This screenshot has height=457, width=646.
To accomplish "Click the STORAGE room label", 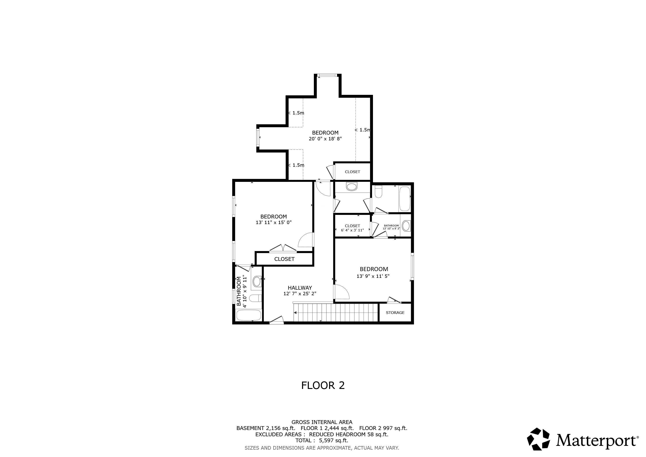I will pyautogui.click(x=395, y=313).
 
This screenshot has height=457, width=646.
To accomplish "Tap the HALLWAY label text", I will pyautogui.click(x=300, y=288).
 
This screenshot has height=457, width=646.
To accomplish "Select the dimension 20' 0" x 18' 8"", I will pyautogui.click(x=325, y=139).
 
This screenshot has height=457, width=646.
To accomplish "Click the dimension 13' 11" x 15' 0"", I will pyautogui.click(x=273, y=222).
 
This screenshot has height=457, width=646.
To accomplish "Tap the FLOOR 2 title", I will pyautogui.click(x=323, y=385).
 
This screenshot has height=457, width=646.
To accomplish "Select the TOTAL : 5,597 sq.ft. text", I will pyautogui.click(x=322, y=440).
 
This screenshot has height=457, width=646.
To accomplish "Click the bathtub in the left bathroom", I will pyautogui.click(x=249, y=315).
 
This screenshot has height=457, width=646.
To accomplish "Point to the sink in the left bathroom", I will pyautogui.click(x=257, y=281).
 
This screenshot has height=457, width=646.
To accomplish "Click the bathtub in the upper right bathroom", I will pyautogui.click(x=405, y=199).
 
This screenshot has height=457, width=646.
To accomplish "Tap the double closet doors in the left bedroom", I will pyautogui.click(x=283, y=248).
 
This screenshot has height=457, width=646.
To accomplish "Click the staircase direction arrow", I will pyautogui.click(x=295, y=313).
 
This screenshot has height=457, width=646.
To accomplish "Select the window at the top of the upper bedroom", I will pyautogui.click(x=327, y=75).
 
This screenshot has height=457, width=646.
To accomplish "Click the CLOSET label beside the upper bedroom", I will pyautogui.click(x=352, y=172).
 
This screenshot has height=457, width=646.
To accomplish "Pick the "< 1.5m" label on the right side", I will pyautogui.click(x=362, y=130).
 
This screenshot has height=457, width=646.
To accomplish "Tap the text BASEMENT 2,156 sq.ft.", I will pyautogui.click(x=265, y=428).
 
